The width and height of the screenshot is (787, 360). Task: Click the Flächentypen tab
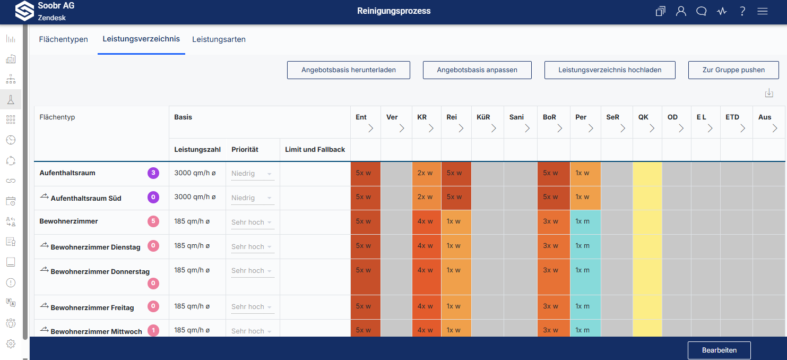63,39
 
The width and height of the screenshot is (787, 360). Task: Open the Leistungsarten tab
219,39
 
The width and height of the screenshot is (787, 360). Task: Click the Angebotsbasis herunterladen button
349,70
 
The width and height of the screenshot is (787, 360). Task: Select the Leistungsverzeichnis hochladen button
610,70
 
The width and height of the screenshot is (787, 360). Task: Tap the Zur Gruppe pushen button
733,70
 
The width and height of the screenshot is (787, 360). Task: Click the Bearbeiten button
719,350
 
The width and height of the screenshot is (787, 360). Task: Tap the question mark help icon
742,11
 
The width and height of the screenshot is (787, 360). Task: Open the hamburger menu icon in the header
763,11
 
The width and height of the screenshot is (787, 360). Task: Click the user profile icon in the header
681,11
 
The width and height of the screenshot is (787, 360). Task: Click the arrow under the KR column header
431,128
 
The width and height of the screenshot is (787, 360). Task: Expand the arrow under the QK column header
652,128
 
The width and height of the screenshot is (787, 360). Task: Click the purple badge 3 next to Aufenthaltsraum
153,173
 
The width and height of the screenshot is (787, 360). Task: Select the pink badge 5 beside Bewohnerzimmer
153,221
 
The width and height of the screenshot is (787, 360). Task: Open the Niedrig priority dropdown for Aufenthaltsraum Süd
252,198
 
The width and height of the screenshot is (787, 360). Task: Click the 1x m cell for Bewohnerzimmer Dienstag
585,246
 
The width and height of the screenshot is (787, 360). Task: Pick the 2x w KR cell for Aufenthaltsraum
427,173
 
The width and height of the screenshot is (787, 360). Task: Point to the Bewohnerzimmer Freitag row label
92,307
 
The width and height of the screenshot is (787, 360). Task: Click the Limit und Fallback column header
315,149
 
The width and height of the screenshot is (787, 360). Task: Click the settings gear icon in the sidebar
11,344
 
